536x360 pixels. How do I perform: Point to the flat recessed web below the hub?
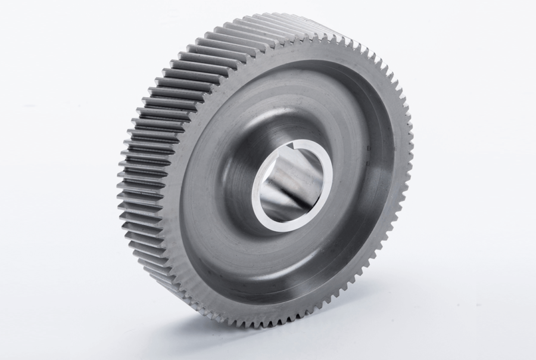coord(280,268)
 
